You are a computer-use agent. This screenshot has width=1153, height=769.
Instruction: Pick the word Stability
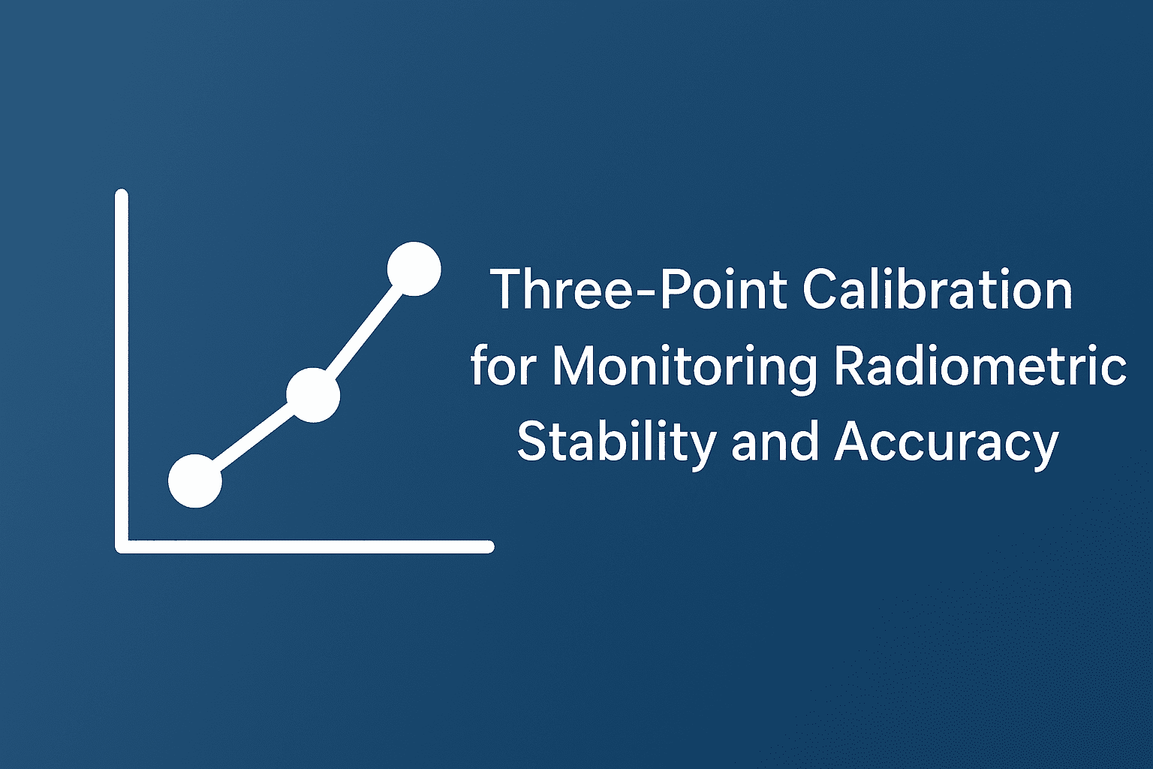616,445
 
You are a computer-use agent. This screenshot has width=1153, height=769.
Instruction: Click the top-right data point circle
414,269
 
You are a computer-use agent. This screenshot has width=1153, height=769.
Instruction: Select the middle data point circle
313,395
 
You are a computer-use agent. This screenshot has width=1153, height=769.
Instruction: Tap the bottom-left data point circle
195,481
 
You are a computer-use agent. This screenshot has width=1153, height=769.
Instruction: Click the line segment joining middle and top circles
363,332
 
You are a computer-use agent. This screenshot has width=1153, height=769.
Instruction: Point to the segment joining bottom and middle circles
254,439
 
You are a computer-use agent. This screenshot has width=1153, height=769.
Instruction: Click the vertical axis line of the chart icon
122,371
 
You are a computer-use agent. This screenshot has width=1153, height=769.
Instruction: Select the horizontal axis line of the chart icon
305,547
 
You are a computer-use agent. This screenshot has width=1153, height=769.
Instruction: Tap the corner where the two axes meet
122,547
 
